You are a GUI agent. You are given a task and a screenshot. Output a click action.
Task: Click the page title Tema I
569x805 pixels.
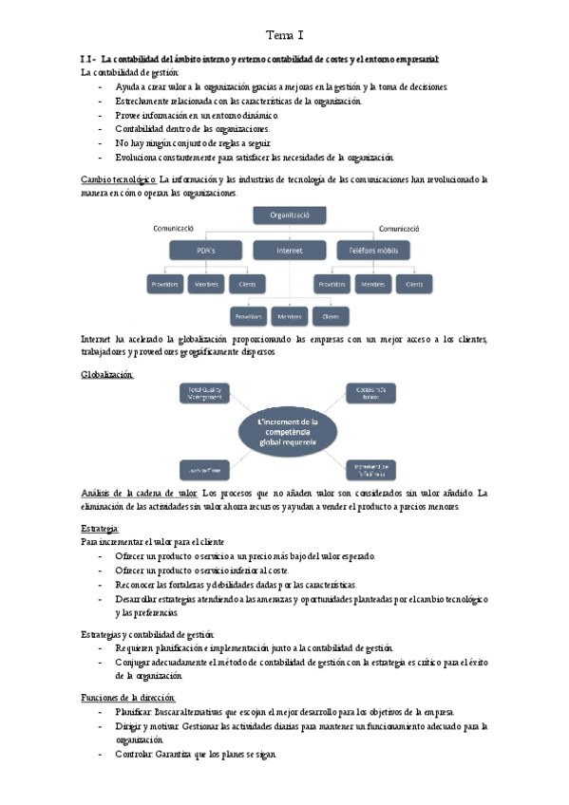[x=284, y=35]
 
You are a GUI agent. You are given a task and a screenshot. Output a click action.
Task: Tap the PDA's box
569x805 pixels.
[x=205, y=251]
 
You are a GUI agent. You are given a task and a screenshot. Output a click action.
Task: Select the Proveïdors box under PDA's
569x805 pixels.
[x=164, y=284]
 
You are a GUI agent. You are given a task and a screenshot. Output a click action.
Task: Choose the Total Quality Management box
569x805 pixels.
[x=204, y=394]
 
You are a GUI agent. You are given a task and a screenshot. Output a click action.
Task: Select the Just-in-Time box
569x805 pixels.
[x=202, y=468]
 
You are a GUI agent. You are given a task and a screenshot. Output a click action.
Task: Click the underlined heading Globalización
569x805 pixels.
[x=107, y=375]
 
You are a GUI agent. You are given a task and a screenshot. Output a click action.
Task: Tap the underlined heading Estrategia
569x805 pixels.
[x=100, y=527]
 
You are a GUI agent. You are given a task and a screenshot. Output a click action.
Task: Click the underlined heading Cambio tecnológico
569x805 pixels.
[x=119, y=178]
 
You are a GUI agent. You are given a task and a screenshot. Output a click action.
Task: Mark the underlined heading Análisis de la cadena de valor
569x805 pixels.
[x=140, y=494]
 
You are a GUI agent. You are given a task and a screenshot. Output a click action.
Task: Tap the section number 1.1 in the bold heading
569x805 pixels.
[x=88, y=60]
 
